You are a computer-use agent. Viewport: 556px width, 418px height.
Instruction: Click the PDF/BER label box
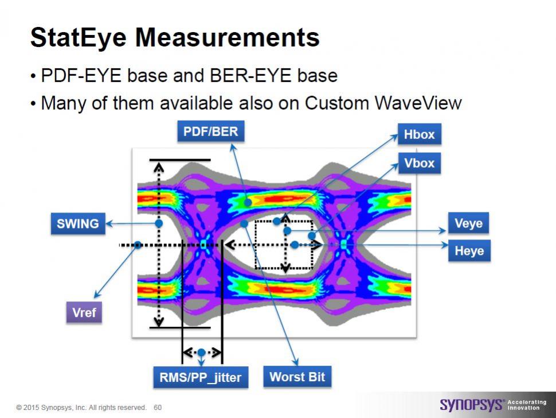coord(210,131)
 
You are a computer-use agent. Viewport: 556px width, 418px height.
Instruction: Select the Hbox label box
coord(420,134)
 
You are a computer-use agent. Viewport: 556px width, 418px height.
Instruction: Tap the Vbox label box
coord(420,164)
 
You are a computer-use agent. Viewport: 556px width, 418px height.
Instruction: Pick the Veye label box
coord(468,223)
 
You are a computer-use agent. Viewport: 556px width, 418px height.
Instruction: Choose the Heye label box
coord(469,251)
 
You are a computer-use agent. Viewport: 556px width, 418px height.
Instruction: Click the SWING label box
coord(78,224)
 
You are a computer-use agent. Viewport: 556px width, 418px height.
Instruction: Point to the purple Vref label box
coord(84,312)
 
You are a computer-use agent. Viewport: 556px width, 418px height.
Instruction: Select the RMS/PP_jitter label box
coord(201,377)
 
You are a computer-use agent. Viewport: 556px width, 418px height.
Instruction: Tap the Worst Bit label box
coord(297,377)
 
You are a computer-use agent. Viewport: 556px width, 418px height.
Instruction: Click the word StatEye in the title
coord(79,37)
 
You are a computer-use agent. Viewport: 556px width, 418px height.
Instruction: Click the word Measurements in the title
coord(228,37)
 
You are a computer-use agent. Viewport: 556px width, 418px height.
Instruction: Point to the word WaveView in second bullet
coord(418,103)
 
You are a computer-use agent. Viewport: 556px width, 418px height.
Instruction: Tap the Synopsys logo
coord(471,404)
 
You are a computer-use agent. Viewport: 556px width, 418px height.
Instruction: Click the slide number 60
coord(158,408)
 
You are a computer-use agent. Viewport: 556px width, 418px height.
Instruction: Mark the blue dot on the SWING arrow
coord(159,223)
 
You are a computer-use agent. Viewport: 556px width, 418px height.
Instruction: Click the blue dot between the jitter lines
coord(201,353)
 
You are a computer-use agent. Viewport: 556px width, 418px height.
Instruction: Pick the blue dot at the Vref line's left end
coord(138,245)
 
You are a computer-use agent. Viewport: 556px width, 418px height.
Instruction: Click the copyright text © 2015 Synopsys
coord(50,408)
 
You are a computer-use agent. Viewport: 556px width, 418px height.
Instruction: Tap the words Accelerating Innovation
coord(527,405)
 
